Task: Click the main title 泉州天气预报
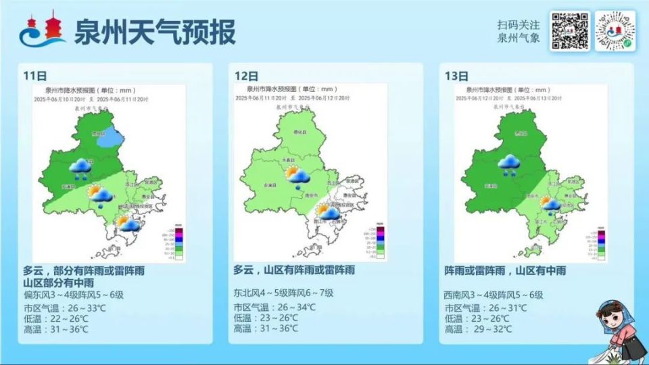(155, 32)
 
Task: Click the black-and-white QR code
(569, 31)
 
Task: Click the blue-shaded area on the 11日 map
(108, 137)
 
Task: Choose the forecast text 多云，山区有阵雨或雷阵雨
(294, 270)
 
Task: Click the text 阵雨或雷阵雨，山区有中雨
(505, 270)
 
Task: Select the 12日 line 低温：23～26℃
(265, 318)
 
